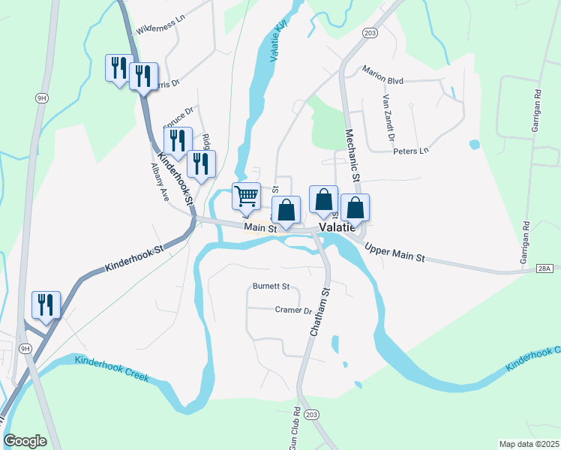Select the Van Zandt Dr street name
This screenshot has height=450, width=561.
point(388,118)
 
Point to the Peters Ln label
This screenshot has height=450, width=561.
point(411,151)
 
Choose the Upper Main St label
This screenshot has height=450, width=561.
point(394,252)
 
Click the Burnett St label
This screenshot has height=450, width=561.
point(271,286)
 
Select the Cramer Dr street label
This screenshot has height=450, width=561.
point(293,310)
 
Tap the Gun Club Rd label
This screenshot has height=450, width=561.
point(295,428)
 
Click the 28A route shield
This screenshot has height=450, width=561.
point(545,268)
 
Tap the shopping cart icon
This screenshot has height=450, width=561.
point(247,196)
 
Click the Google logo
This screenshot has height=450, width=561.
point(25,440)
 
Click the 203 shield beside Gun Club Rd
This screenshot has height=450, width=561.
point(313,414)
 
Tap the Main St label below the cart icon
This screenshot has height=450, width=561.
point(260,226)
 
